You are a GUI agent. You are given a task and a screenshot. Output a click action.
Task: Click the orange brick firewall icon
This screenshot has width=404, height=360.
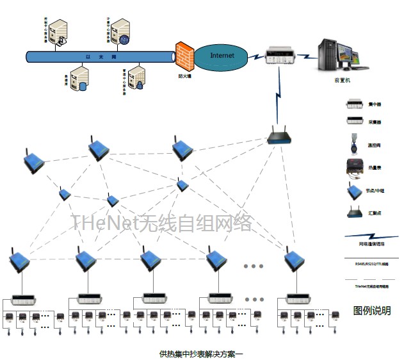[x=184, y=57]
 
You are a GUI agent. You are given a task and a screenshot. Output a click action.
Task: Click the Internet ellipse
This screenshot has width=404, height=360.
[x=222, y=56]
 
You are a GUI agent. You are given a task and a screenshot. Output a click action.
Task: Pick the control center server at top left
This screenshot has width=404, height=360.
[x=60, y=31]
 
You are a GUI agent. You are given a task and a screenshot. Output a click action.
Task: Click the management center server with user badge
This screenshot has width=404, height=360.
[x=136, y=78]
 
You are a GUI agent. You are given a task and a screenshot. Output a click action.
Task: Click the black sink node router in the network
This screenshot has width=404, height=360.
[x=279, y=136]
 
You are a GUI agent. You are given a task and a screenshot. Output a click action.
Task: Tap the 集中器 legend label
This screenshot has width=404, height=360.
[x=375, y=103]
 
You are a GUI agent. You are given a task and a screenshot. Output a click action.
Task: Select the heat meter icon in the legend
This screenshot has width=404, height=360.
[x=355, y=167]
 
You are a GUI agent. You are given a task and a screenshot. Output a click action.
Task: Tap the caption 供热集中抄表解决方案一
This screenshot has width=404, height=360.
[x=202, y=353]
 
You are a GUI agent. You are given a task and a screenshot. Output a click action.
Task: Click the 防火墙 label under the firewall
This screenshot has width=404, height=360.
[x=185, y=76]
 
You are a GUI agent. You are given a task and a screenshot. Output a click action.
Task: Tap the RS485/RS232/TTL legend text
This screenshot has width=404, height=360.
[x=371, y=263]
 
